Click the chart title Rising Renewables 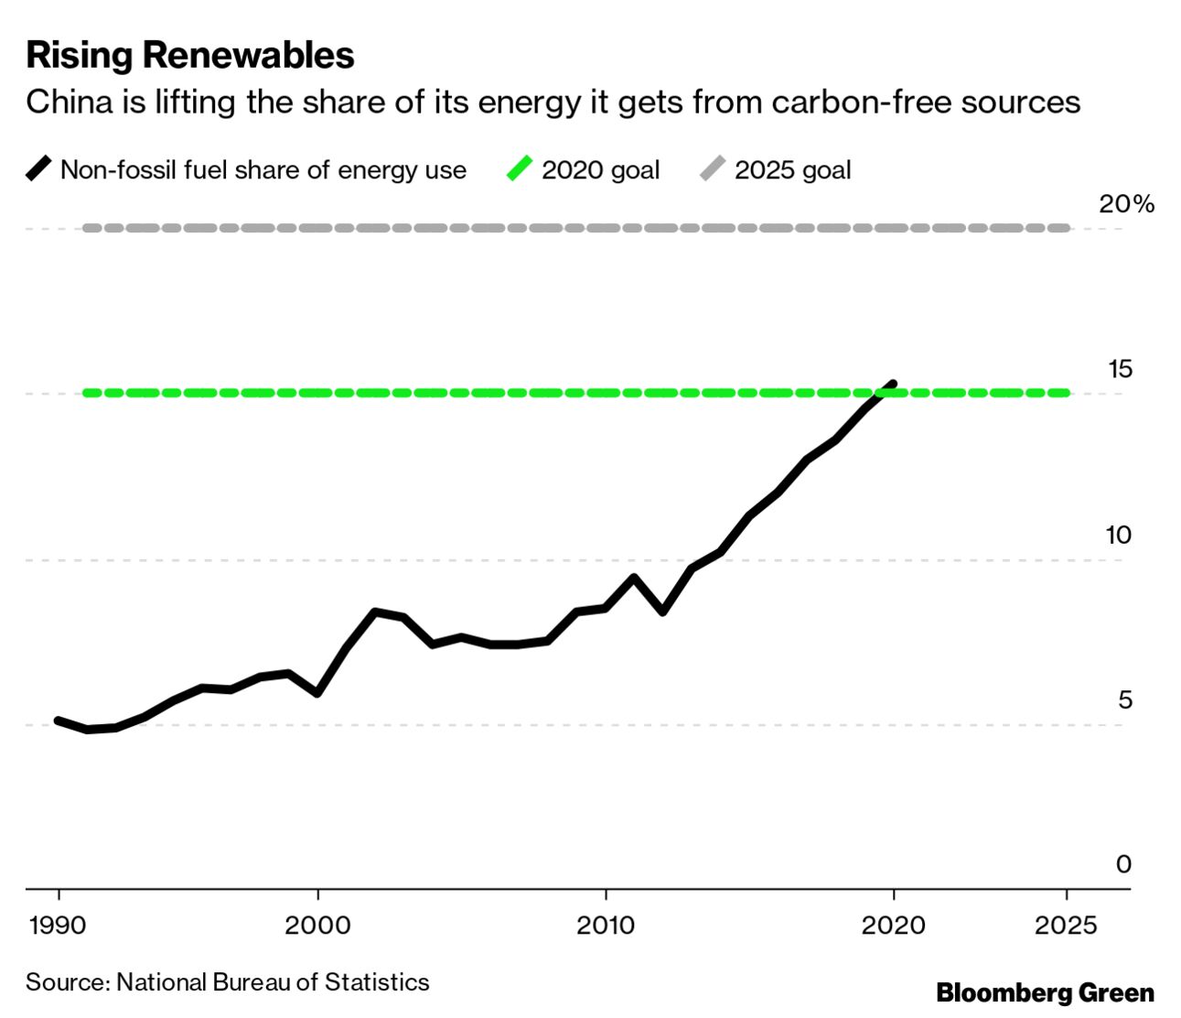click(190, 56)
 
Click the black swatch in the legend click(38, 169)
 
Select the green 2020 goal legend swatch click(520, 169)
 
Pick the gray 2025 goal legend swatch click(713, 169)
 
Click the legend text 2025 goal click(792, 170)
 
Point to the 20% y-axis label click(1126, 204)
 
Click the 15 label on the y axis click(1120, 370)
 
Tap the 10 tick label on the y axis click(1119, 535)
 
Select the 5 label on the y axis click(1124, 700)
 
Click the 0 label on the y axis click(1123, 864)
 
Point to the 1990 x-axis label click(58, 926)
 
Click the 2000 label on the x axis click(317, 926)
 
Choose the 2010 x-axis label click(606, 926)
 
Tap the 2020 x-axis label click(893, 926)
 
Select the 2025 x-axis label click(1066, 926)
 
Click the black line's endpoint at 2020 click(892, 384)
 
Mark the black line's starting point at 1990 click(59, 721)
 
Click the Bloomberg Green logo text click(1045, 993)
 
